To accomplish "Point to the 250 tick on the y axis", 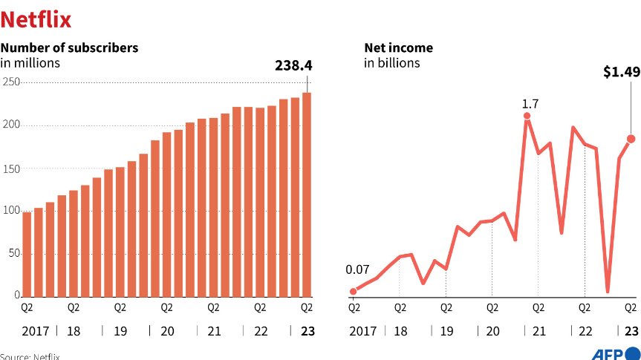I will [x=9, y=82].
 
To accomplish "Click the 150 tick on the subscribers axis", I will [x=9, y=168].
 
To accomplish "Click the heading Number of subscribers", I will [x=69, y=48].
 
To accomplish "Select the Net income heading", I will [x=398, y=48].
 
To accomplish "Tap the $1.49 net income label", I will [x=621, y=72].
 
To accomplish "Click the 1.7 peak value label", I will [x=530, y=103].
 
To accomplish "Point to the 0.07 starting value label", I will [x=358, y=269].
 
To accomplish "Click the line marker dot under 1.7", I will [x=527, y=116].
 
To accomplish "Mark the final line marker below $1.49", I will [x=631, y=139].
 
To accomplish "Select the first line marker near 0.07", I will [x=353, y=291].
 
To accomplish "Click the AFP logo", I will [x=615, y=353].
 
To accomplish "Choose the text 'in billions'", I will [x=391, y=63].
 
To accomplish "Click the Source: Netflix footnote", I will [x=30, y=356].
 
